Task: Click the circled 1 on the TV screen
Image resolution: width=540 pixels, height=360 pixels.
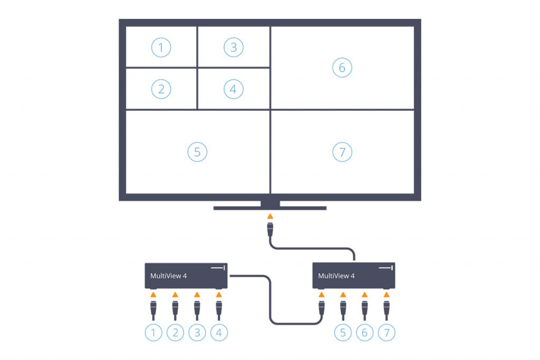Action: [x=161, y=48]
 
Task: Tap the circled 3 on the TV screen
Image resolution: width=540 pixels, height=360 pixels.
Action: [x=233, y=48]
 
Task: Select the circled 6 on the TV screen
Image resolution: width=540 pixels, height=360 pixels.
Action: [x=342, y=68]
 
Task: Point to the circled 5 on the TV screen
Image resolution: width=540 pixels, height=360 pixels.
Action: [x=197, y=152]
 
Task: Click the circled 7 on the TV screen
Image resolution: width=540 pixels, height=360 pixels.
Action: [x=342, y=152]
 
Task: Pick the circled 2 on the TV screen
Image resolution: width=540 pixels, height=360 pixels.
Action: [x=161, y=89]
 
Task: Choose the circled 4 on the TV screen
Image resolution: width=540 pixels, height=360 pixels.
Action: [x=233, y=89]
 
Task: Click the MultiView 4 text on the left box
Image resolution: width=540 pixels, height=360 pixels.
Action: [x=168, y=276]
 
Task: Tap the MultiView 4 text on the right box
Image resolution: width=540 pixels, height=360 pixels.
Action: [x=336, y=276]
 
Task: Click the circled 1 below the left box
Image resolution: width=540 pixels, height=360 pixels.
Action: [x=153, y=333]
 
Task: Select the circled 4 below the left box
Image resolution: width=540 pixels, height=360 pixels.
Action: [x=219, y=333]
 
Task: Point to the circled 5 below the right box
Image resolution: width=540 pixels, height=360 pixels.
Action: [x=343, y=333]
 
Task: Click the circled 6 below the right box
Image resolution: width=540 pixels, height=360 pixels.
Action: [x=365, y=333]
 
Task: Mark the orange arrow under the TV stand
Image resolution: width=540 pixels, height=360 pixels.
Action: [x=270, y=216]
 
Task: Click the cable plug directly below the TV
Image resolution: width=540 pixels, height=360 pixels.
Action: [x=270, y=230]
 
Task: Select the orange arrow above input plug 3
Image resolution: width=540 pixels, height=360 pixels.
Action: [x=197, y=295]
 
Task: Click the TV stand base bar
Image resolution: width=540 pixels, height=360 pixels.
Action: [x=270, y=208]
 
